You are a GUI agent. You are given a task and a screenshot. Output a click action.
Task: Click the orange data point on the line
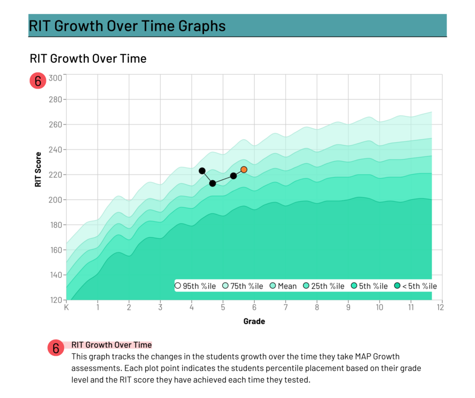point(244,170)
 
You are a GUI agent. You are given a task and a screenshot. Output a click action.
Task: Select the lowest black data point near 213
point(212,183)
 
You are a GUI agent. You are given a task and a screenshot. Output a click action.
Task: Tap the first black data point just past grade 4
point(202,171)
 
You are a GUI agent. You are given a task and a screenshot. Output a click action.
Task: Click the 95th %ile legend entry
point(195,286)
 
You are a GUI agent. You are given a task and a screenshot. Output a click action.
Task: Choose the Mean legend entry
point(283,286)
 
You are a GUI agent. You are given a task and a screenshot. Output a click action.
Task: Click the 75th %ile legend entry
point(243,286)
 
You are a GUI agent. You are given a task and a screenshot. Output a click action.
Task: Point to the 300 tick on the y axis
point(55,78)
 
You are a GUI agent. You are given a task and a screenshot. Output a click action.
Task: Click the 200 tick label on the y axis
point(55,200)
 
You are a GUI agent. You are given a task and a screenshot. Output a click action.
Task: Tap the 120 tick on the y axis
point(55,300)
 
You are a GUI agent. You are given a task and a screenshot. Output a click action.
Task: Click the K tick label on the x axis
point(66,307)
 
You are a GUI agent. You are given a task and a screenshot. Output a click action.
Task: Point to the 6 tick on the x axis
point(254,307)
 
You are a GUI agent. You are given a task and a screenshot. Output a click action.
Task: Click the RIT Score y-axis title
point(38,170)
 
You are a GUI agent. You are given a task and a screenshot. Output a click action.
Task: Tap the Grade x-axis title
point(254,321)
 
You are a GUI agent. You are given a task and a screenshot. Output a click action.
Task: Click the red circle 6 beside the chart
point(38,81)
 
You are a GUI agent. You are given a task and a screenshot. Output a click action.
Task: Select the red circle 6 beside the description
point(56,347)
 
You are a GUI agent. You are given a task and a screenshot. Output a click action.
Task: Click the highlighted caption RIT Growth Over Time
point(111,345)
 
